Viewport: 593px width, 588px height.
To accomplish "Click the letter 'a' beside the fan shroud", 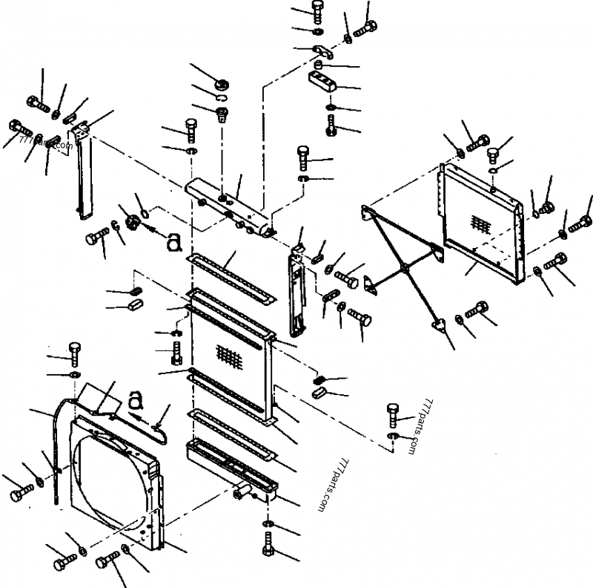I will click(x=134, y=400).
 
